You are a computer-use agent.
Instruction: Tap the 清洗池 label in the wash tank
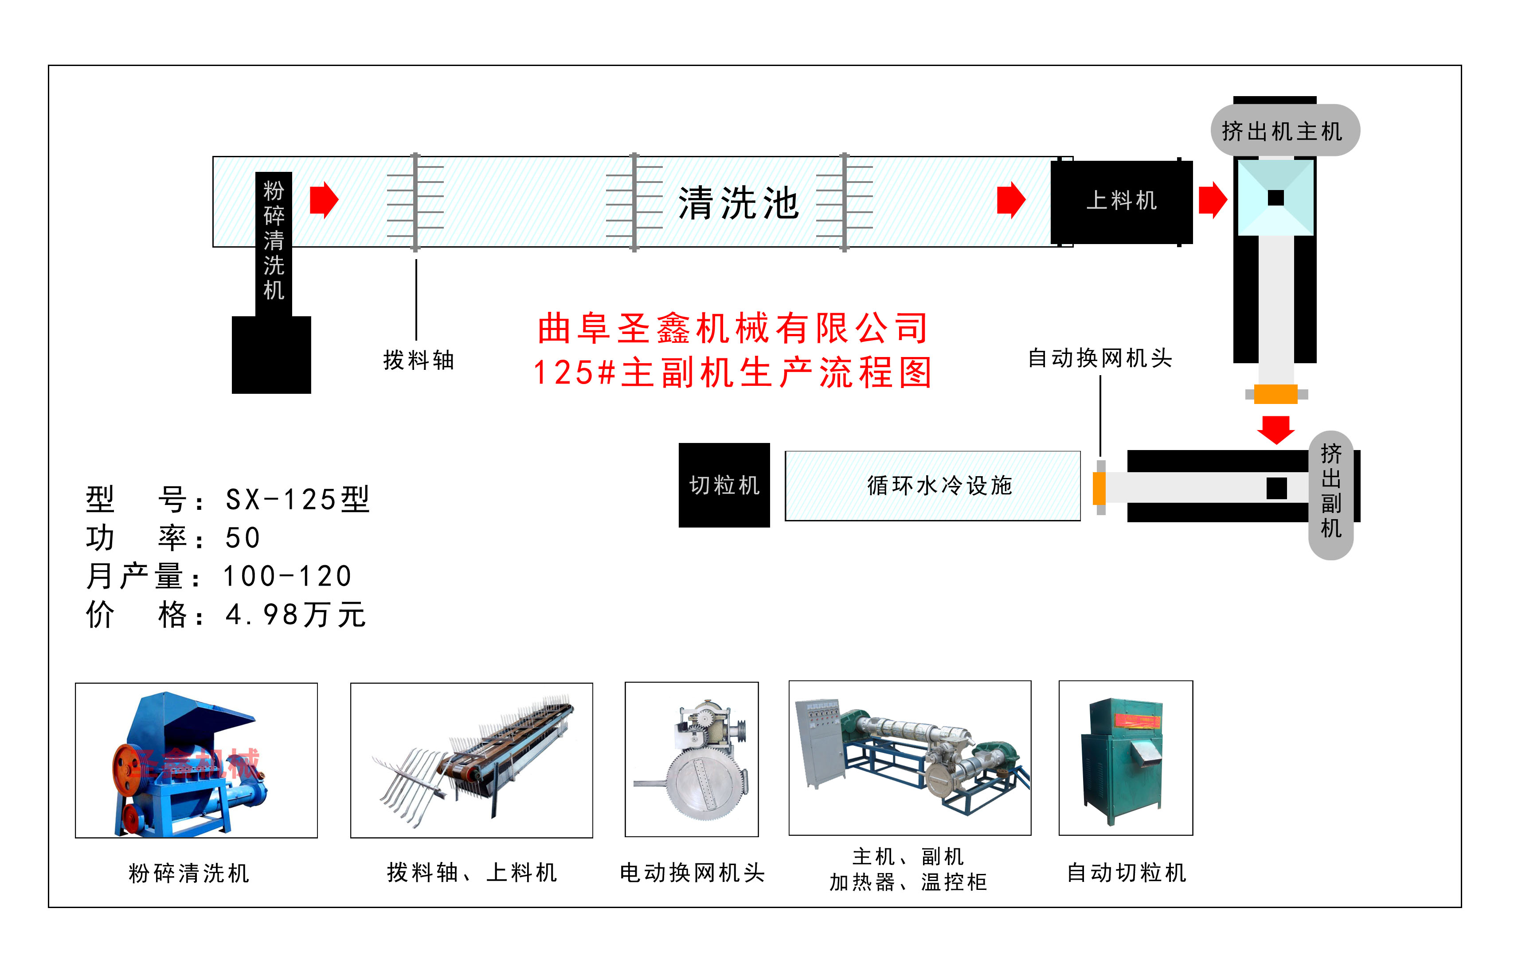(738, 203)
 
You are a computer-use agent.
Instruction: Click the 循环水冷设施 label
(939, 485)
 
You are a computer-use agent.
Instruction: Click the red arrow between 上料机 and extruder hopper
(1212, 200)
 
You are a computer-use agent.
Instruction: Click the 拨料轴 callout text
(419, 360)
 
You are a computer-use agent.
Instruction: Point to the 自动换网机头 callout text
(1100, 358)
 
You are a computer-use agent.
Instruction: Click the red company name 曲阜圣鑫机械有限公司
(732, 328)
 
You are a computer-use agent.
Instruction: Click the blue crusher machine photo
(196, 761)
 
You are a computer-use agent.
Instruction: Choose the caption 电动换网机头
(692, 873)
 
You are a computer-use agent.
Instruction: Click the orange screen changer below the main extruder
(1275, 394)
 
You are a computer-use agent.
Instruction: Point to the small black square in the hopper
(1275, 198)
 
